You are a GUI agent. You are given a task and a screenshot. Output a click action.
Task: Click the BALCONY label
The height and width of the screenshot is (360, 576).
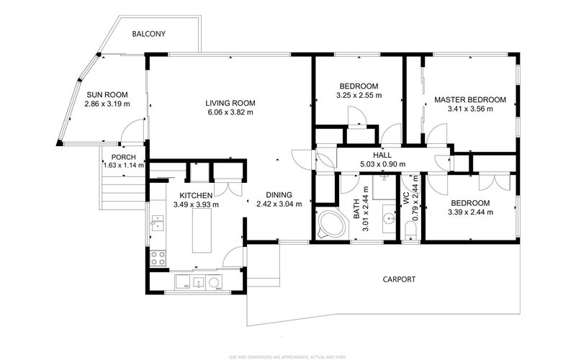pos(149,34)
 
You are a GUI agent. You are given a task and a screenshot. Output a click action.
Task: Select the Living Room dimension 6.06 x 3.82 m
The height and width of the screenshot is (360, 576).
pos(230,112)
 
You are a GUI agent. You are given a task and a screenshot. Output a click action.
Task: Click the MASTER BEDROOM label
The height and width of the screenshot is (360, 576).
pos(469,99)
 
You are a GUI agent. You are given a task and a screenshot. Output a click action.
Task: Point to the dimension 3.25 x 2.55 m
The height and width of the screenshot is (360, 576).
pos(359,95)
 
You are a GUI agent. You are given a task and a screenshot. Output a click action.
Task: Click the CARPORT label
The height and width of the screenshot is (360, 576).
pos(399,279)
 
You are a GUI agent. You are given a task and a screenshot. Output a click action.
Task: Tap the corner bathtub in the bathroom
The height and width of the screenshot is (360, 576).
pos(330,224)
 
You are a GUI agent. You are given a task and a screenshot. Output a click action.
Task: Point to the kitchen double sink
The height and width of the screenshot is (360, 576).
pos(157,225)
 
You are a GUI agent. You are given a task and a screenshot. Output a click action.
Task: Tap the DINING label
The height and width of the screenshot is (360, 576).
pos(279,194)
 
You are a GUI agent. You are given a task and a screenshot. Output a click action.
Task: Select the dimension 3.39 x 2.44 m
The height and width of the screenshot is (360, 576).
pos(470,212)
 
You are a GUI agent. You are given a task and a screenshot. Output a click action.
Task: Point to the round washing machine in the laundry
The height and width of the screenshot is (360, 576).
pos(215,282)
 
